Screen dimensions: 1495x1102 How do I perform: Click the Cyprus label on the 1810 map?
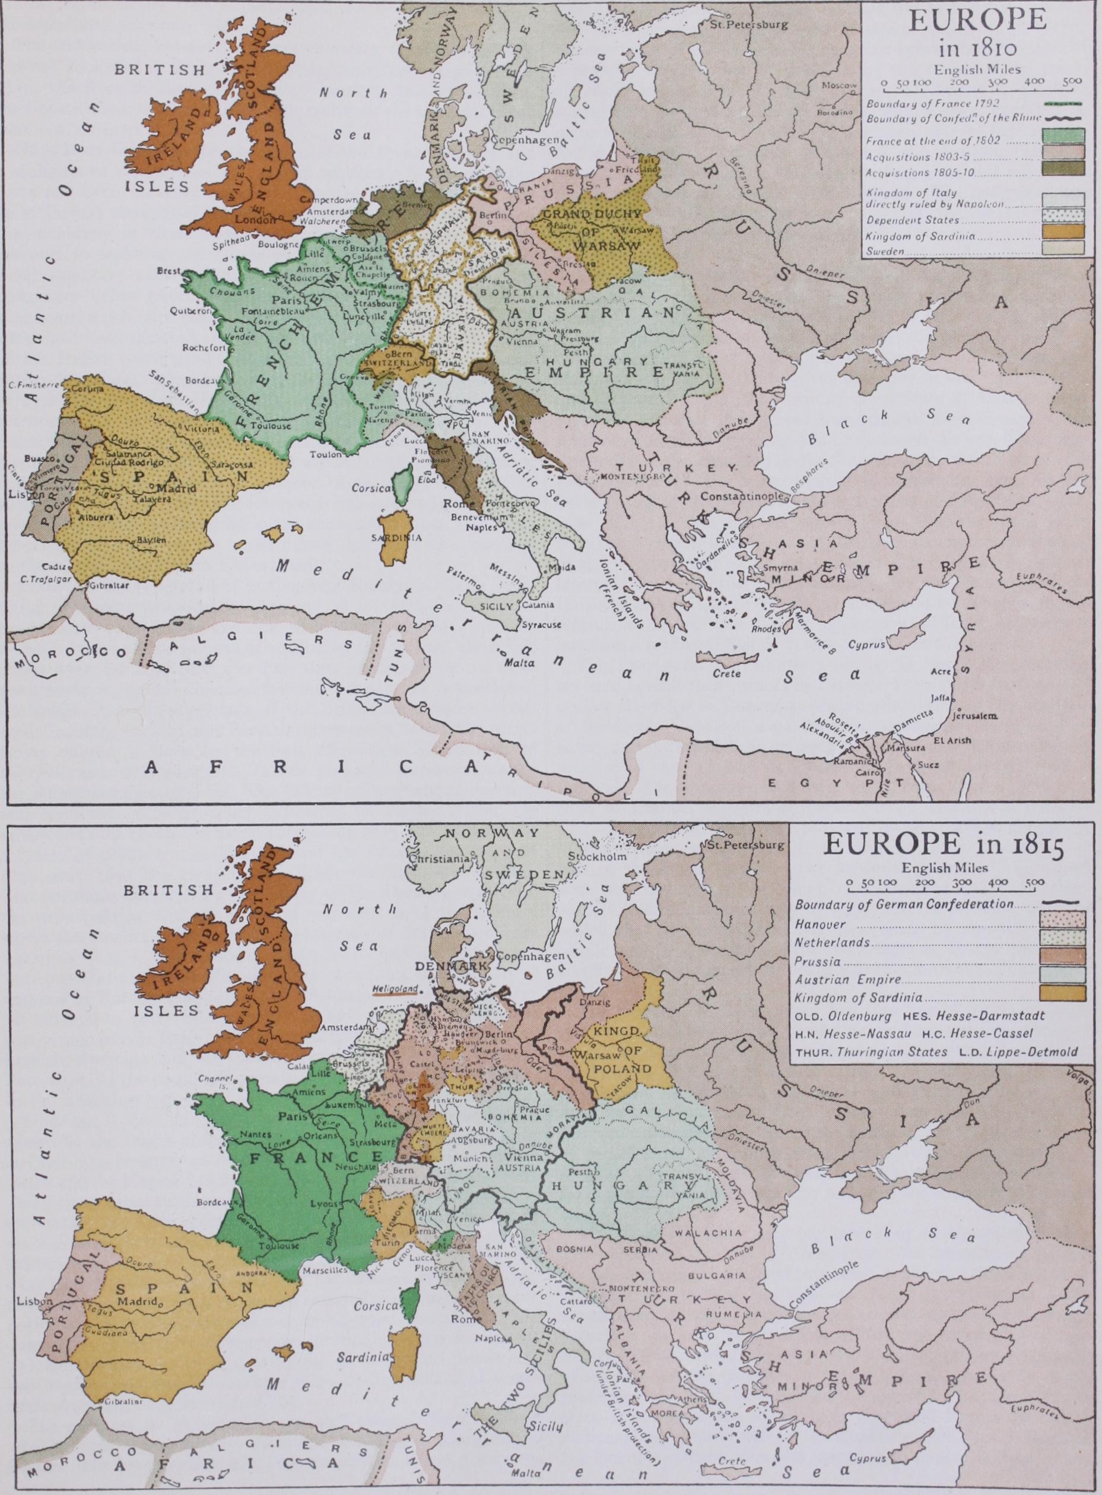pos(866,645)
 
